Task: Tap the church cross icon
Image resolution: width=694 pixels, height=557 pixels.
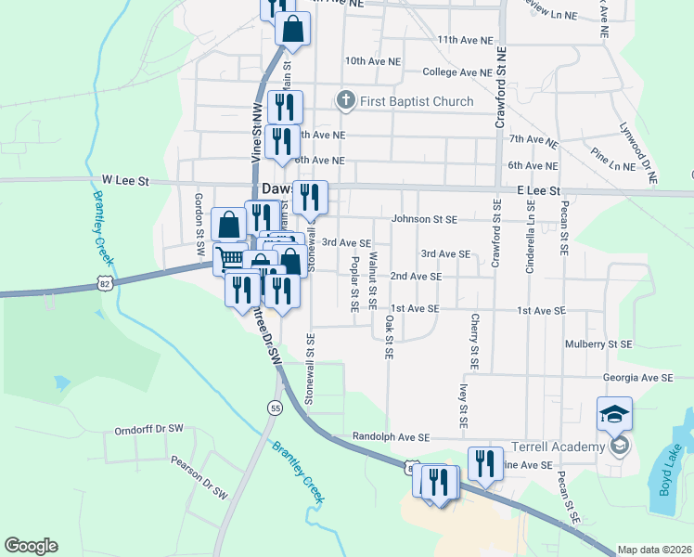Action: (x=345, y=100)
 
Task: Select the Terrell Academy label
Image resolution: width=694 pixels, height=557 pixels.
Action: (x=559, y=447)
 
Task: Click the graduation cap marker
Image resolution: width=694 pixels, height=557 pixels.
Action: (x=614, y=414)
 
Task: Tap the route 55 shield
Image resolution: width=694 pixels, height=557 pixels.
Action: (x=274, y=408)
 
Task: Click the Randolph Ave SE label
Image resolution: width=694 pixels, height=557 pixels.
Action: (x=391, y=436)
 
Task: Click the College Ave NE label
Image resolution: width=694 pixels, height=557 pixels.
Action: (x=456, y=71)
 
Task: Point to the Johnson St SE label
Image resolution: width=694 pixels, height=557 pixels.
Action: (x=425, y=220)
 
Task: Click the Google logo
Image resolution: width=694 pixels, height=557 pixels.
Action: (x=31, y=546)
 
